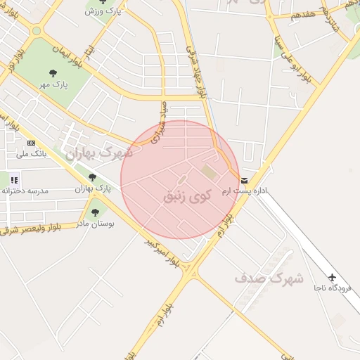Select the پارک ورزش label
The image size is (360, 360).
101,11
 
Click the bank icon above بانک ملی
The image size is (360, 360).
31,143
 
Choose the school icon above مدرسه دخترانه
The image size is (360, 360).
14,181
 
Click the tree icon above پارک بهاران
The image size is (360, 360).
92,177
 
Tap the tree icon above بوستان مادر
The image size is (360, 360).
95,212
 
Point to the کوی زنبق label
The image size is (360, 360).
186,195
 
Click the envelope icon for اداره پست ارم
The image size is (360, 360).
244,181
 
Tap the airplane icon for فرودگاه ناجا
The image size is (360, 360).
333,277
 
